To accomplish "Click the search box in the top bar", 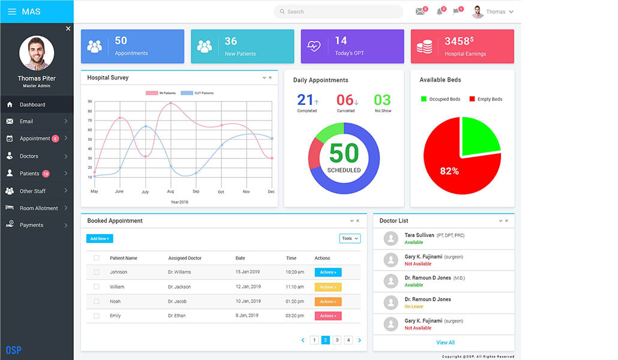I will (x=338, y=12).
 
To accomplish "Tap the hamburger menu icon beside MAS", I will (x=12, y=11).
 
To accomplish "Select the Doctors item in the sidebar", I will (x=29, y=156).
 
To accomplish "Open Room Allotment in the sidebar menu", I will (x=38, y=208).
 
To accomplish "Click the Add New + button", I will (x=100, y=239).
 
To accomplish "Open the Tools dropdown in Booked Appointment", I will (x=350, y=239).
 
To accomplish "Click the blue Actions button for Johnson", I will (x=328, y=272).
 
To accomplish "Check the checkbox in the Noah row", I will (x=97, y=301).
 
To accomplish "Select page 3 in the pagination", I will (x=337, y=340).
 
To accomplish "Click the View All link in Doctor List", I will (x=445, y=343).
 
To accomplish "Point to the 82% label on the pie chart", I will (x=449, y=171).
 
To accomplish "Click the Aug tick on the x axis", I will (x=170, y=191).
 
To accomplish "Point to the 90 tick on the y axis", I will (x=90, y=102).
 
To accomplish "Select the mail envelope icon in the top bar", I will (x=420, y=11).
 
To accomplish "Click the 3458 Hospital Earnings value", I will (x=457, y=41).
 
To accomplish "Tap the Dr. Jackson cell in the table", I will (x=179, y=287).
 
